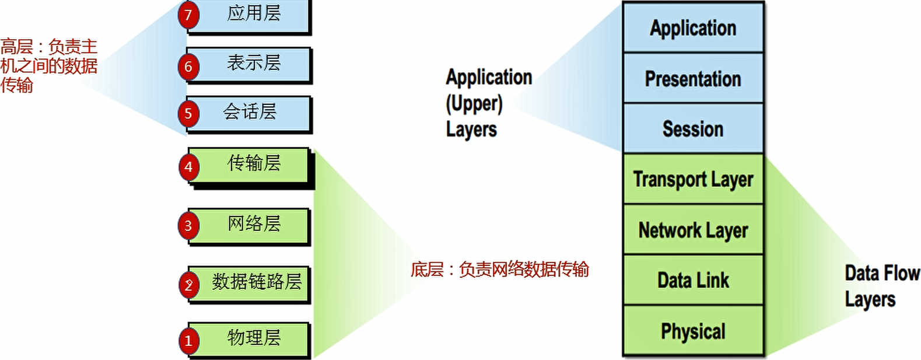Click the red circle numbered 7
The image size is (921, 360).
click(188, 15)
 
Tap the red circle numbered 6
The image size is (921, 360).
click(188, 67)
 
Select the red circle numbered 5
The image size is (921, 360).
click(188, 113)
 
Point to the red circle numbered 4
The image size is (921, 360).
click(188, 167)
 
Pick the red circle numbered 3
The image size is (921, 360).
click(188, 226)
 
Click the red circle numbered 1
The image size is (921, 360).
click(188, 340)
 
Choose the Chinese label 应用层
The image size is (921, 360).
click(254, 13)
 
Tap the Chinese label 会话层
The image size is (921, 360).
click(250, 111)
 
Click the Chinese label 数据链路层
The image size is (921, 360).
click(257, 282)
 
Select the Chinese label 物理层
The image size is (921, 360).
click(254, 338)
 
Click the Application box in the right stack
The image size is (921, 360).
click(693, 28)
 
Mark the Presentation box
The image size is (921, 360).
click(693, 79)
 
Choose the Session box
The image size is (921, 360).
click(693, 129)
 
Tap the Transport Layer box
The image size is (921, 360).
click(693, 179)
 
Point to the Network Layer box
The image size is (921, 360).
click(693, 230)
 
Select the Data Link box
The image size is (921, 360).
click(693, 280)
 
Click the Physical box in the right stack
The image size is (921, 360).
click(693, 331)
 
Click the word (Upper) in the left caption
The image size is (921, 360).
click(474, 104)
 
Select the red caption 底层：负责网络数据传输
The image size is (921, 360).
click(500, 270)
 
